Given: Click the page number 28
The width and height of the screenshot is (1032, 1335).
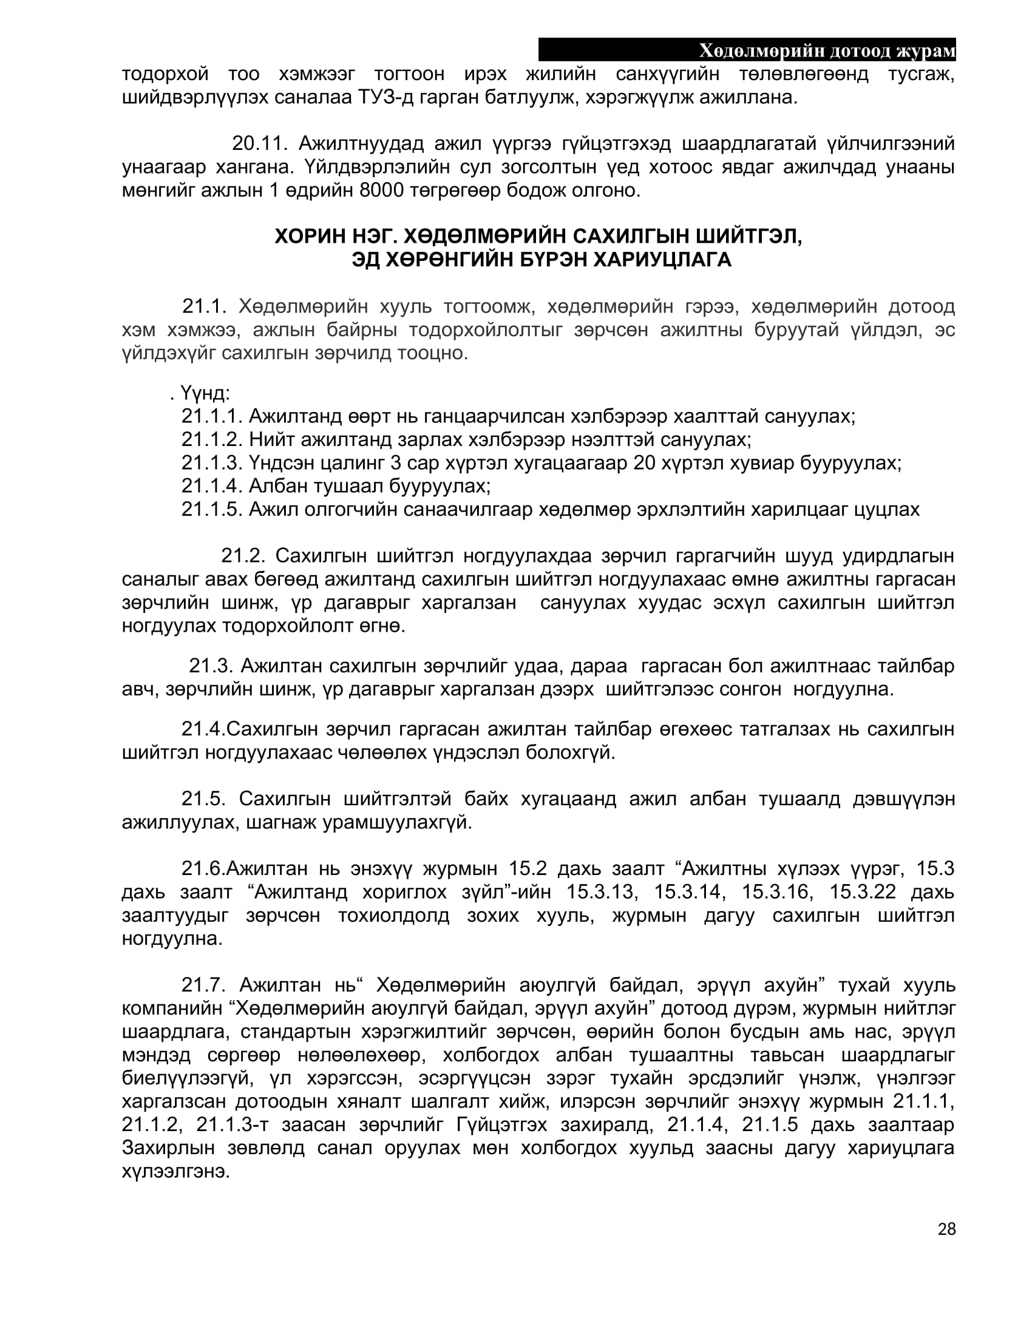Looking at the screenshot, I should [x=946, y=1229].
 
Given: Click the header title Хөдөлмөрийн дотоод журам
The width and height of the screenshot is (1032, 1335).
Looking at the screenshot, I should [x=827, y=51].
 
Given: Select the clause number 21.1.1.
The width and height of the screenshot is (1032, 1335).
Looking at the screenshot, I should [x=212, y=416].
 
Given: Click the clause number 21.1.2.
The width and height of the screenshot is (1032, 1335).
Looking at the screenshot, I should [x=212, y=439].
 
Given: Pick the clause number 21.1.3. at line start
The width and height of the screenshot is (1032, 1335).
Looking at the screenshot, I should [x=212, y=463].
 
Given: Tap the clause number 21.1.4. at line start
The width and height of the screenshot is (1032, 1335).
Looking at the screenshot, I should [x=212, y=486].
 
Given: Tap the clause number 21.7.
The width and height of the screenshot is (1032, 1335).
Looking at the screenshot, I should [x=203, y=985].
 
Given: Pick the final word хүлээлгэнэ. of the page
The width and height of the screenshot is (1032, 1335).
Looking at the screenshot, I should [x=176, y=1172].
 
